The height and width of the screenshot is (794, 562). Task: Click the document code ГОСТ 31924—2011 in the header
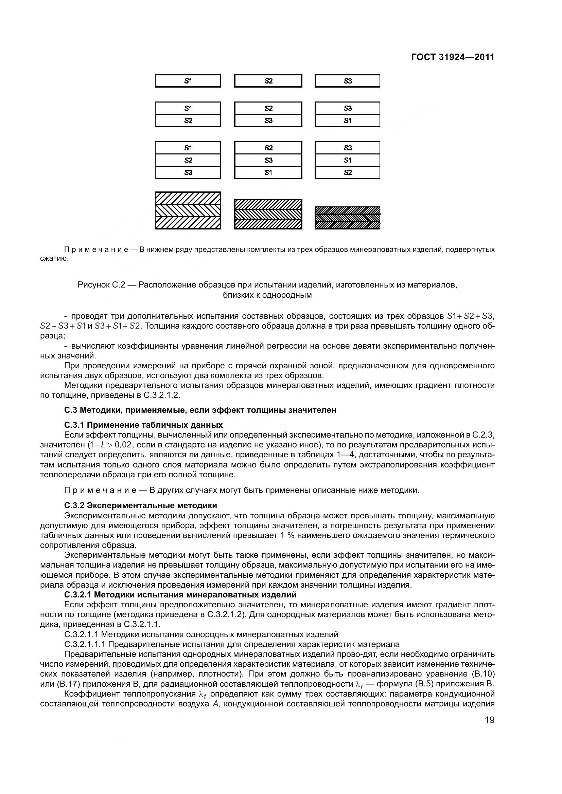453,57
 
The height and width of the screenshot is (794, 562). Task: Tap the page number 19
490,720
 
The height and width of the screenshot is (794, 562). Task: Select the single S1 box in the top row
188,81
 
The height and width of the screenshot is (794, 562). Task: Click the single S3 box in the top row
347,81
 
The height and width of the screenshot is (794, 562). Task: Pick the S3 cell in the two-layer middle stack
268,121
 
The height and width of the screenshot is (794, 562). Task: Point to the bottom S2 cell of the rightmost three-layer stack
347,172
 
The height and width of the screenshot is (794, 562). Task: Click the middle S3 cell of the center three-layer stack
268,160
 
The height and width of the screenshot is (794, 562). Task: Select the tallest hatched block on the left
188,210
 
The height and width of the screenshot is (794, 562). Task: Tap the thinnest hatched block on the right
347,218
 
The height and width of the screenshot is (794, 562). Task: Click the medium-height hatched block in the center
268,214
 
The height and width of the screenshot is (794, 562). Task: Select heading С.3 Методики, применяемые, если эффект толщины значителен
200,410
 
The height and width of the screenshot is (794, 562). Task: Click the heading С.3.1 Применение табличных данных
143,425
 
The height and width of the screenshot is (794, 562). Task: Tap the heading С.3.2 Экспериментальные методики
141,505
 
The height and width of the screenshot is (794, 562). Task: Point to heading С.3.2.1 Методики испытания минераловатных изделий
180,594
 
